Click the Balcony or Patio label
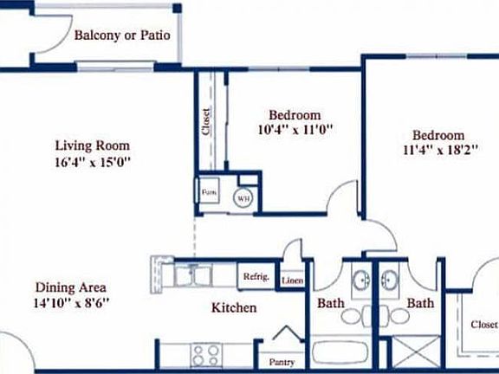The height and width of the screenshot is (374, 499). point(121,36)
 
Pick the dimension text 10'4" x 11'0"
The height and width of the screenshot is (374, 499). point(295,131)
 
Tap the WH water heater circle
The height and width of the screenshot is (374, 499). point(243,197)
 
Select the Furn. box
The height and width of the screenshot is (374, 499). point(210,191)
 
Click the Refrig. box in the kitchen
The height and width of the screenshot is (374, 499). point(256,277)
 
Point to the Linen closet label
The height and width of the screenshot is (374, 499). point(292,280)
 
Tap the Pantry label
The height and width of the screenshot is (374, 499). point(282,362)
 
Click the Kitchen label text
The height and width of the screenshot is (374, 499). point(234,307)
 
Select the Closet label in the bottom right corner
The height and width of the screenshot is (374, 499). point(483,325)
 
